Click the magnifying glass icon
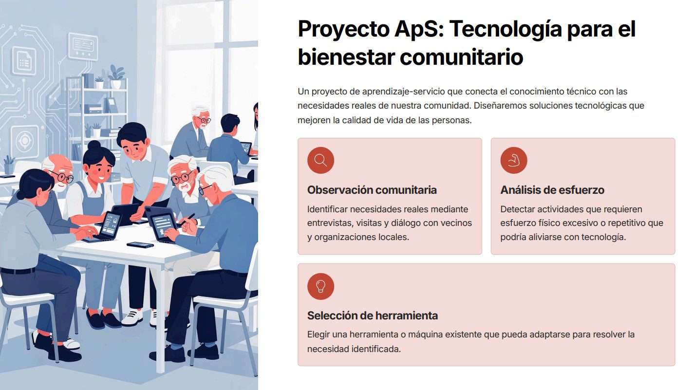click(320, 160)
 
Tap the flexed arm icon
click(514, 160)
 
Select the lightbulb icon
click(320, 286)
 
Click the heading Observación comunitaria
click(372, 190)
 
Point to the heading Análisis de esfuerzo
click(552, 190)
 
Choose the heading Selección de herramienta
click(373, 316)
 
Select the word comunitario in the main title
click(461, 57)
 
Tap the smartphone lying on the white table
click(140, 245)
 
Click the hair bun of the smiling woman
click(94, 145)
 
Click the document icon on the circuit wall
click(24, 61)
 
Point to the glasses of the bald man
click(63, 177)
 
